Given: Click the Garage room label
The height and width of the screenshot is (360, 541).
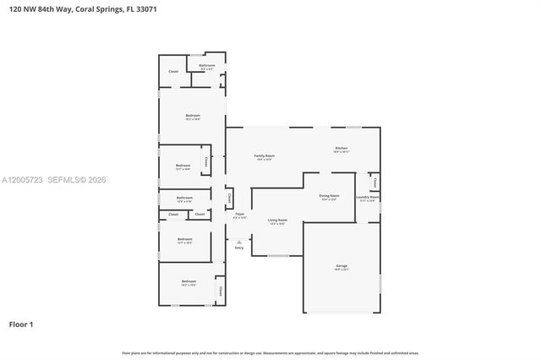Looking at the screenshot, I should point(341,266).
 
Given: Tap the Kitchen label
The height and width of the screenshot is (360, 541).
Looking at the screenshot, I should point(341,148).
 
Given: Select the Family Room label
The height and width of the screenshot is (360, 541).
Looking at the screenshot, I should point(265,156).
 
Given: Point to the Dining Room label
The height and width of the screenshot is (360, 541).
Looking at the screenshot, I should point(329,196).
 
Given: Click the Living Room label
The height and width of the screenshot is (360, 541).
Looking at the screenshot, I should point(277,221).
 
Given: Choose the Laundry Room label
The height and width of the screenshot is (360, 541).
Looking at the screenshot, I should point(367,199).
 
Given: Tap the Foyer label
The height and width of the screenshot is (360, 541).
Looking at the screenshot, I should point(240,215).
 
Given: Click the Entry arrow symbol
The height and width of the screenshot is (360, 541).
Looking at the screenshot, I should point(239,242).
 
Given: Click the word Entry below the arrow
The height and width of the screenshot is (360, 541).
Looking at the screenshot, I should point(239,248).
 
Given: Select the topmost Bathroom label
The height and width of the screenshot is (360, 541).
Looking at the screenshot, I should point(207,65).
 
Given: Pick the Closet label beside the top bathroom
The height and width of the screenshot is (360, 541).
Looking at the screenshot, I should point(173,72).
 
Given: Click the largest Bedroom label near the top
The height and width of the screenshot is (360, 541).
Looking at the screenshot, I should point(193,117).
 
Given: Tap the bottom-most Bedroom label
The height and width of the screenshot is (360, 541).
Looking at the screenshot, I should point(189,281).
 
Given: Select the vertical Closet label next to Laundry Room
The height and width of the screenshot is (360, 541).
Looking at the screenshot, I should point(374,181).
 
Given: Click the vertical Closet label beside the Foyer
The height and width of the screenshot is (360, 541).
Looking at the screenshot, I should point(229,199).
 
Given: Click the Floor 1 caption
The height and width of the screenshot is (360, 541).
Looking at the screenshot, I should point(21,325).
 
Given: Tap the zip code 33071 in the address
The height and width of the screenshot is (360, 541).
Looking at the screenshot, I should point(145,9).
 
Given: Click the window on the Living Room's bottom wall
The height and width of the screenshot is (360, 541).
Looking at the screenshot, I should point(278,256).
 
